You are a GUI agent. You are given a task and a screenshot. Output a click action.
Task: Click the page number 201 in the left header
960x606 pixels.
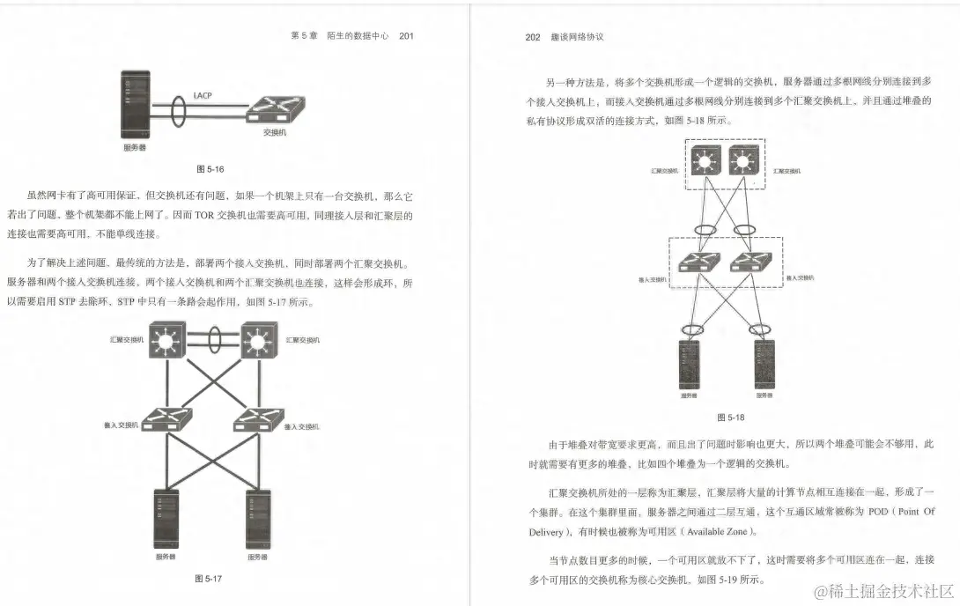click(406, 36)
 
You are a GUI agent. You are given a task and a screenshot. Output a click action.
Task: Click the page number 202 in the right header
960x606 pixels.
click(532, 38)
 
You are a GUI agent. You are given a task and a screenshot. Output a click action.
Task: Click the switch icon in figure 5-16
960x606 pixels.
click(276, 109)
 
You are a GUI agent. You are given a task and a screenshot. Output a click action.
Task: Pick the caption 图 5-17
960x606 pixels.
click(208, 579)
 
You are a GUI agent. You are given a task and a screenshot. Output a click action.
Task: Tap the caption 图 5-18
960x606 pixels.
click(731, 417)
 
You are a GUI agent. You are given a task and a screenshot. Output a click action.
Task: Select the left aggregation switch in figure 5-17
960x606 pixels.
click(167, 339)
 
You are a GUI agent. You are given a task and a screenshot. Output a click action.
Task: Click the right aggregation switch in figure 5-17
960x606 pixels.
click(259, 339)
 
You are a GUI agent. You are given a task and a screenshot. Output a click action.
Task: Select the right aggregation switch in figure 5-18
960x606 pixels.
click(743, 163)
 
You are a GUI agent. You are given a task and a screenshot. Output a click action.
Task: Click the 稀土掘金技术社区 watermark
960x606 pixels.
click(882, 590)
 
